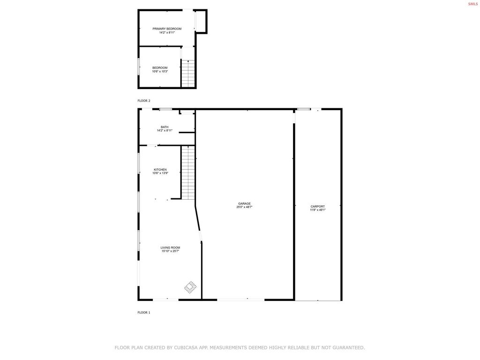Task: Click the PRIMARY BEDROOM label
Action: point(166,29)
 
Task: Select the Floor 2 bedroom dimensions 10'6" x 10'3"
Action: point(160,71)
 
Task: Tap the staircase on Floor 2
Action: point(188,74)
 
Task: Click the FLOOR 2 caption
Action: point(144,101)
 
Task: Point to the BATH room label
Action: point(165,127)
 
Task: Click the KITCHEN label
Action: point(160,170)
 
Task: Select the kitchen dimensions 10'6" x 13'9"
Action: point(160,173)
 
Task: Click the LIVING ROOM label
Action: point(170,247)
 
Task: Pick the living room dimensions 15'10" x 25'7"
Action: point(170,251)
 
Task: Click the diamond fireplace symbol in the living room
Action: point(190,287)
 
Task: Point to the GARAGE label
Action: point(244,203)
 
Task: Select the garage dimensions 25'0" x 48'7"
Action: point(244,207)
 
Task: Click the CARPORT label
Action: point(317,206)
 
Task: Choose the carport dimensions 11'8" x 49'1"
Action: point(317,210)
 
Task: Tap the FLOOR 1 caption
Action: point(144,312)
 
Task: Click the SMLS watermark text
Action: point(472,4)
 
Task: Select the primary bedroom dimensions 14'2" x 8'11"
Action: point(166,32)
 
